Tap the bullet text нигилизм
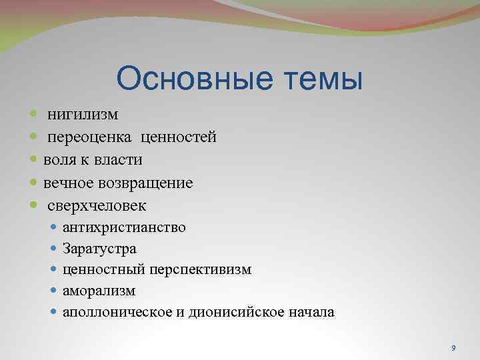tap(83, 115)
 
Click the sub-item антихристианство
tap(124, 227)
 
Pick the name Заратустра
tap(99, 249)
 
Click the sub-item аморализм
tap(99, 291)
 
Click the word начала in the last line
tap(313, 312)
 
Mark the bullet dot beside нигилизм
tap(35, 115)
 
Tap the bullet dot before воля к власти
tap(35, 160)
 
